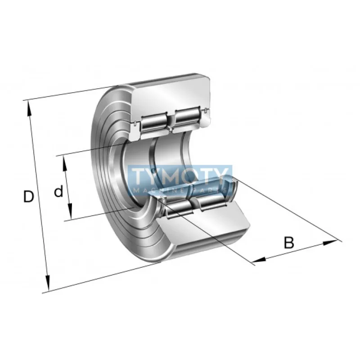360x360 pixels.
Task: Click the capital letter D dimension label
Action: click(29, 197)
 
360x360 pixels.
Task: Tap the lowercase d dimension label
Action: click(58, 192)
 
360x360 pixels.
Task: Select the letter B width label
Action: click(288, 243)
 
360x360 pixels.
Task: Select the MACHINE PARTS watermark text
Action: click(180, 192)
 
